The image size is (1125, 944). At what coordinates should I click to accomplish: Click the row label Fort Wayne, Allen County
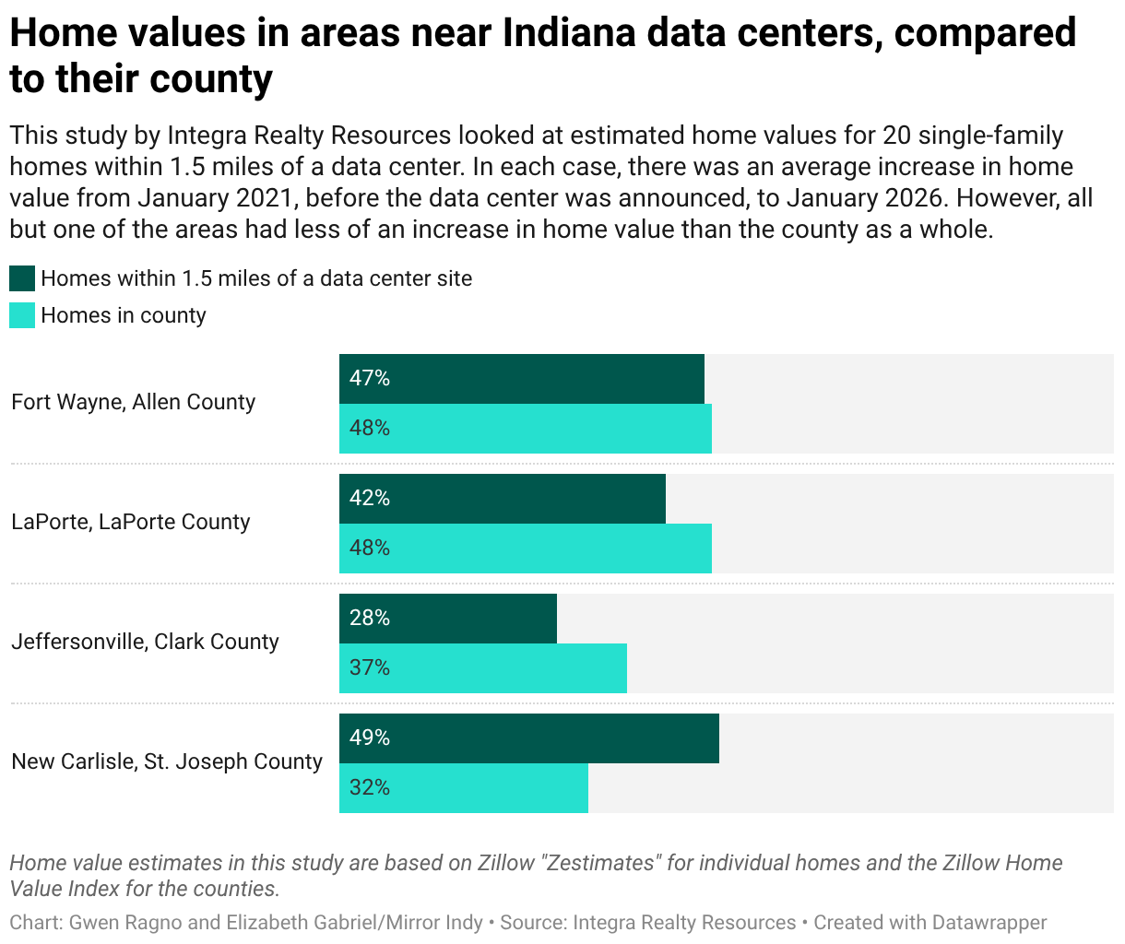click(x=133, y=402)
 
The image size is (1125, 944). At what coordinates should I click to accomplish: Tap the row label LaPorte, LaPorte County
click(x=130, y=522)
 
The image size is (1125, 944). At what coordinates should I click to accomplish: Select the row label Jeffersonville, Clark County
click(x=145, y=642)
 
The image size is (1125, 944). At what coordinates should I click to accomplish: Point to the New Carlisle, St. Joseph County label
click(x=167, y=761)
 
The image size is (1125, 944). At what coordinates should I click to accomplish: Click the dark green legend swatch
click(x=22, y=278)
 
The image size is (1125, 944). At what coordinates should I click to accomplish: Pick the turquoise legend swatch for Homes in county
click(x=22, y=315)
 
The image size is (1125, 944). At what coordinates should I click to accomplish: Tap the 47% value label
click(x=369, y=378)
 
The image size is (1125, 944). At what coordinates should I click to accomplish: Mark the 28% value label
click(x=369, y=618)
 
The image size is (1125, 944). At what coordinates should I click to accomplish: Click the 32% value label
click(x=369, y=787)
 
